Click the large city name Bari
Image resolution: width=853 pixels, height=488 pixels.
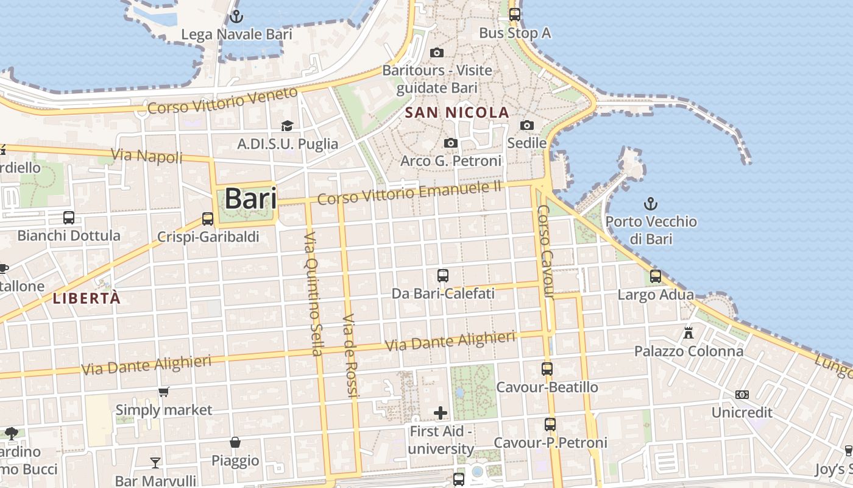pos(250,199)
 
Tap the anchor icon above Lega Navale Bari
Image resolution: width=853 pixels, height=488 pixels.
pos(236,16)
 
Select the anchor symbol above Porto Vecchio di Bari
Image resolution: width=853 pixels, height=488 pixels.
pos(651,203)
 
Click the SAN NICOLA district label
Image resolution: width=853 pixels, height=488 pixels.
pos(457,112)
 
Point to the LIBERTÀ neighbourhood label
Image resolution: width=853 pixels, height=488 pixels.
pos(87,298)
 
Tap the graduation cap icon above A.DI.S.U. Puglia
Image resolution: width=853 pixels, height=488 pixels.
pos(287,126)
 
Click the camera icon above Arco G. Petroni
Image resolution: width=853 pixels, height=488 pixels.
pos(451,143)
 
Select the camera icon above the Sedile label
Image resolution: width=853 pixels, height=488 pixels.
pos(527,125)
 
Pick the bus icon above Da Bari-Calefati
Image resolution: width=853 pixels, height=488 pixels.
pos(443,276)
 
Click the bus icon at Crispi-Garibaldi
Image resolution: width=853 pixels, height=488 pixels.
pos(208,218)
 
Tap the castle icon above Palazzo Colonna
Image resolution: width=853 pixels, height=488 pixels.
pos(688,333)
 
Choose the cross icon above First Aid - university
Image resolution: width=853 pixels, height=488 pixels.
pos(441,414)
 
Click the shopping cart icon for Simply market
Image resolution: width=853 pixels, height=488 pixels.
pos(163,392)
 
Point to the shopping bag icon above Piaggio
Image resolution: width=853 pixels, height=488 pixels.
pos(235,442)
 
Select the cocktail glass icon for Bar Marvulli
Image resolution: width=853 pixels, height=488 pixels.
pos(155,462)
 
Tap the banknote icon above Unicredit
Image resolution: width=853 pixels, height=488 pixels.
pos(742,395)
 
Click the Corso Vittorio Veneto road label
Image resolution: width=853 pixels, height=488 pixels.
pos(223,101)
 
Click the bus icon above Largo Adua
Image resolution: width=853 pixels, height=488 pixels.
pos(656,276)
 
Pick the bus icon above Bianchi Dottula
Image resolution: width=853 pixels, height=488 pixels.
pos(69,218)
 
